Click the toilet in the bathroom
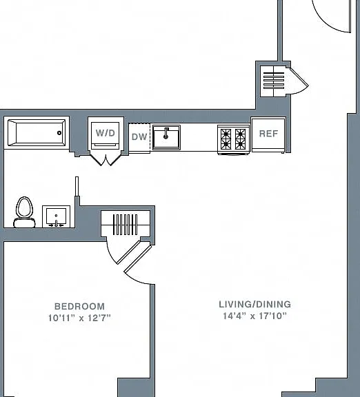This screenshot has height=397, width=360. pyautogui.click(x=24, y=212)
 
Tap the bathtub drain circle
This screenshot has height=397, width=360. pyautogui.click(x=59, y=133)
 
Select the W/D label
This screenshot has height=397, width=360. pyautogui.click(x=106, y=133)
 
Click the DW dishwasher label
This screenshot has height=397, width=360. pyautogui.click(x=139, y=137)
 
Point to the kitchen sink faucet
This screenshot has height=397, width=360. pyautogui.click(x=166, y=133)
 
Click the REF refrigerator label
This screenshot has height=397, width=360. pyautogui.click(x=268, y=134)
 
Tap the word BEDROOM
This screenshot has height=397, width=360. pyautogui.click(x=79, y=306)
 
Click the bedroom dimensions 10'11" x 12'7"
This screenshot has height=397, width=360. pyautogui.click(x=79, y=318)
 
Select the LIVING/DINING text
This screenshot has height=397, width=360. pyautogui.click(x=255, y=305)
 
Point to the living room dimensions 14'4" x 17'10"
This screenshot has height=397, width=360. pyautogui.click(x=255, y=316)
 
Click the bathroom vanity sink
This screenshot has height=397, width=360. pyautogui.click(x=57, y=216)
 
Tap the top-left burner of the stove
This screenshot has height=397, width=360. pyautogui.click(x=226, y=133)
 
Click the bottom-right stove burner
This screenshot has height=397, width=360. pyautogui.click(x=240, y=145)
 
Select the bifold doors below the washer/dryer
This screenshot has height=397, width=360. pyautogui.click(x=106, y=159)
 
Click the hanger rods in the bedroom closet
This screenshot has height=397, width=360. pyautogui.click(x=125, y=225)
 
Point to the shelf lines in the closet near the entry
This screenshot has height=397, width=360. pyautogui.click(x=274, y=81)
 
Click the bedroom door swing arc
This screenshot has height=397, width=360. pyautogui.click(x=137, y=280)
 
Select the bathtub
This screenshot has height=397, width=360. pyautogui.click(x=37, y=133)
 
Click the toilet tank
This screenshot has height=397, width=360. pyautogui.click(x=24, y=223)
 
